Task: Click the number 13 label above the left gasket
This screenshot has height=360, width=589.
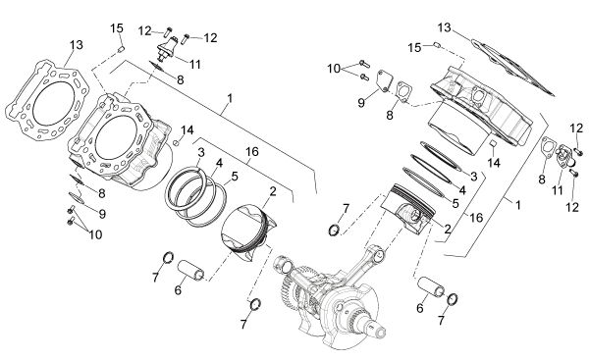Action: coord(77,45)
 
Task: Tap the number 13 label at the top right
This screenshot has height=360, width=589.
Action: coord(444,27)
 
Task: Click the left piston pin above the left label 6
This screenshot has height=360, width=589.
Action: coord(190,271)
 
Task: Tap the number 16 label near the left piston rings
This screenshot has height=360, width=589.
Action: coord(252,152)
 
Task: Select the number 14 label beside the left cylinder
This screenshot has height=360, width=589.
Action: coord(187,130)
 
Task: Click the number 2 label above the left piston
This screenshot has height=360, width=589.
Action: coord(273,191)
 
